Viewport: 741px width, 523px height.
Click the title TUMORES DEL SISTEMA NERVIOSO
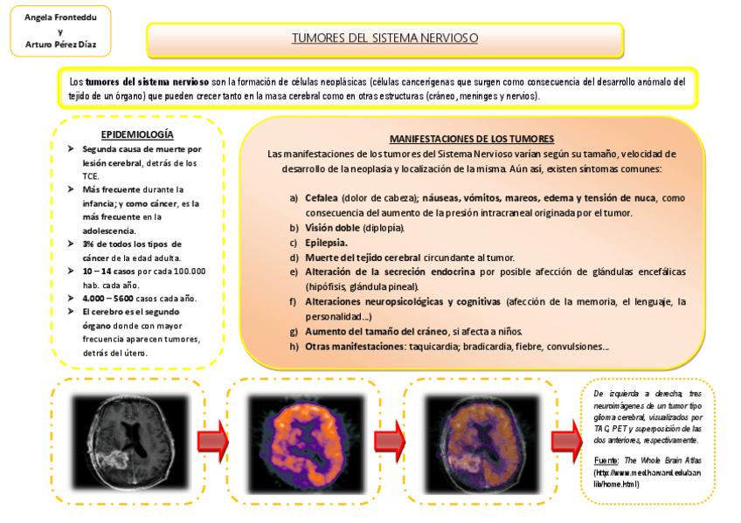(384, 39)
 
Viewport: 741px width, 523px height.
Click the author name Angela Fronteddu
(60, 17)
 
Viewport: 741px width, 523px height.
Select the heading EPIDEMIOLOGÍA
(137, 134)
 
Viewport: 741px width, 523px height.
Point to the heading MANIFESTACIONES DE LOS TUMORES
(472, 139)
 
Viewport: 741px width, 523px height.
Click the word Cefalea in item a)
(322, 198)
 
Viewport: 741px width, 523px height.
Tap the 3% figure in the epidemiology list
(88, 244)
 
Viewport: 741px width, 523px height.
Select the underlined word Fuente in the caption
(606, 460)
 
